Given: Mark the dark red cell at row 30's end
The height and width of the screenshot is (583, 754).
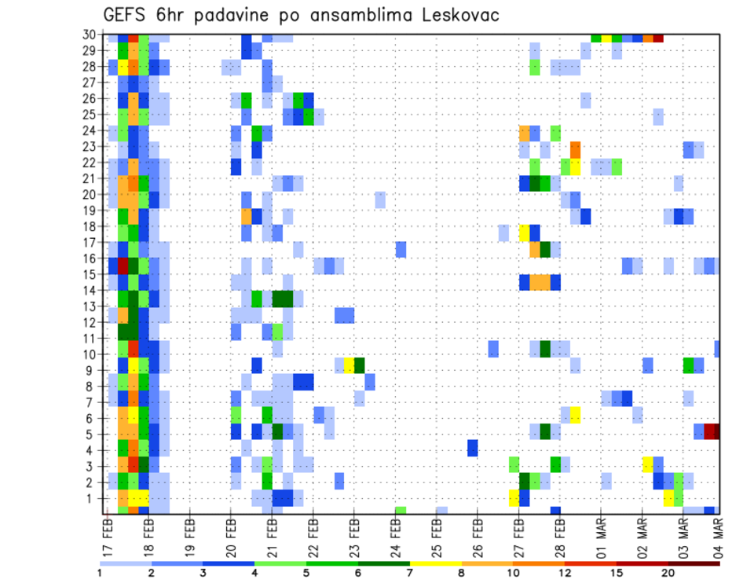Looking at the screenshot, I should point(658,38).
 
